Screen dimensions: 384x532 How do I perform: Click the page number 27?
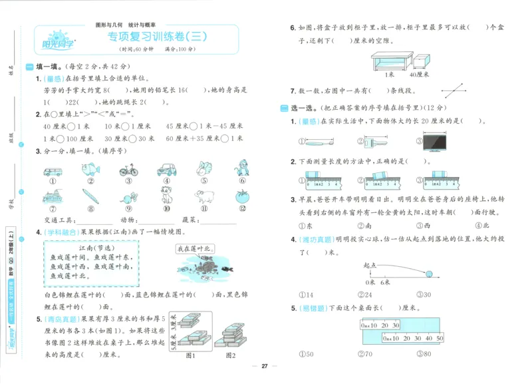[264, 366]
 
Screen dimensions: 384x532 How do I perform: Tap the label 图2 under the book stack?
[230, 355]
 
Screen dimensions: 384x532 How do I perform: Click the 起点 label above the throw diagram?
[370, 264]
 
